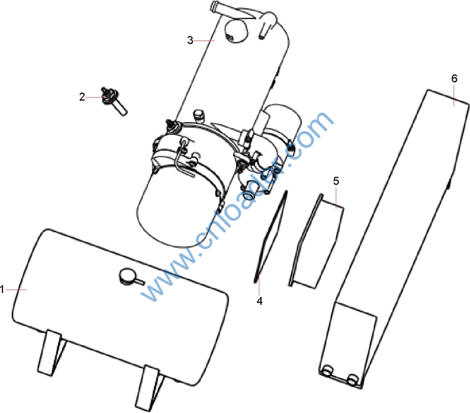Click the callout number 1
(x=2, y=290)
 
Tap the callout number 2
(x=82, y=97)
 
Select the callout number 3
(x=190, y=40)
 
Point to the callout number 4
(x=260, y=301)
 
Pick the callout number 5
(x=336, y=181)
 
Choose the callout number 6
(x=455, y=79)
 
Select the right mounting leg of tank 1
(x=149, y=388)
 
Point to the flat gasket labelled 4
(x=270, y=236)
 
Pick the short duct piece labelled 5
(x=317, y=242)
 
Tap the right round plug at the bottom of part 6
(x=353, y=379)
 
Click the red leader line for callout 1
(x=16, y=290)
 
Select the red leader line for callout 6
(x=454, y=95)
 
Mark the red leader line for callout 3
(x=204, y=40)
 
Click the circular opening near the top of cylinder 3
(x=237, y=31)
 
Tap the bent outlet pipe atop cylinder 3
(x=245, y=17)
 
